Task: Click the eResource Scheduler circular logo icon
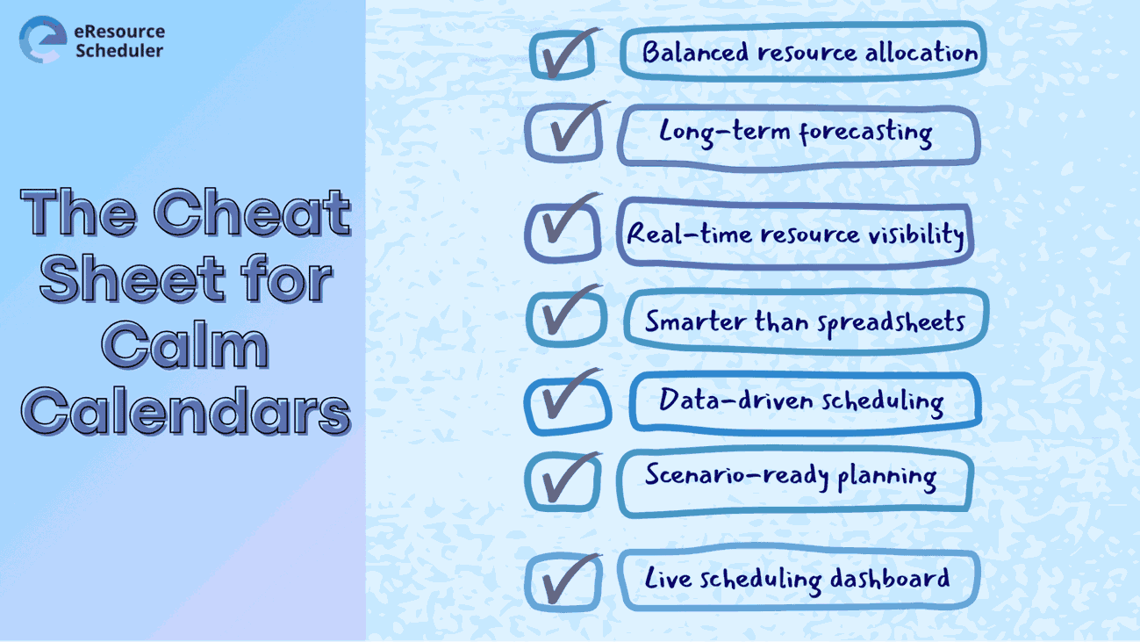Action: pos(43,40)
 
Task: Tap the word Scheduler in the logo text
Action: pos(119,50)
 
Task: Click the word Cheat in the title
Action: pos(253,212)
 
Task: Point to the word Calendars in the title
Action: pos(186,411)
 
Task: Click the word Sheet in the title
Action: pos(133,278)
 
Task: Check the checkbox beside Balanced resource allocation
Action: pos(563,54)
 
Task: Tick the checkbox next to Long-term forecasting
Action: pos(564,133)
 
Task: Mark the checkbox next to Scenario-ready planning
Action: pos(563,481)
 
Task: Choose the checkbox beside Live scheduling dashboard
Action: pos(563,582)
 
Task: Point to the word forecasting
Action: pos(865,133)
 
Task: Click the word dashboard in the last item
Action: pos(890,579)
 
